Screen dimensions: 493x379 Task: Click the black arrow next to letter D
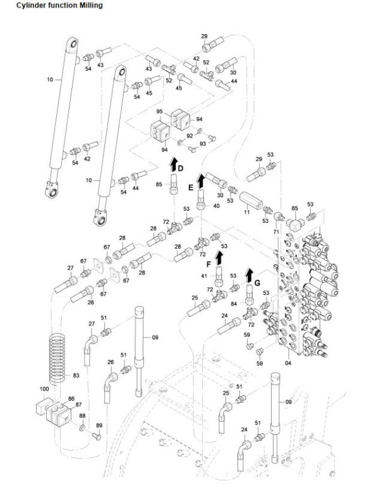coord(172,166)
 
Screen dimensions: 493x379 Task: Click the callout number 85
coord(159,184)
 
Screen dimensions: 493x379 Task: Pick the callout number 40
coord(216,206)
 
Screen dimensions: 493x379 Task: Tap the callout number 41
coord(204,276)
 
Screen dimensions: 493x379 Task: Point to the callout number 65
coord(294,208)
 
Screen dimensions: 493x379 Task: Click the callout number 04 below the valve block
coord(289,363)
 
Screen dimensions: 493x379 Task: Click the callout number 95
coord(160,112)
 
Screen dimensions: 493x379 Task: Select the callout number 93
coord(203,143)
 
